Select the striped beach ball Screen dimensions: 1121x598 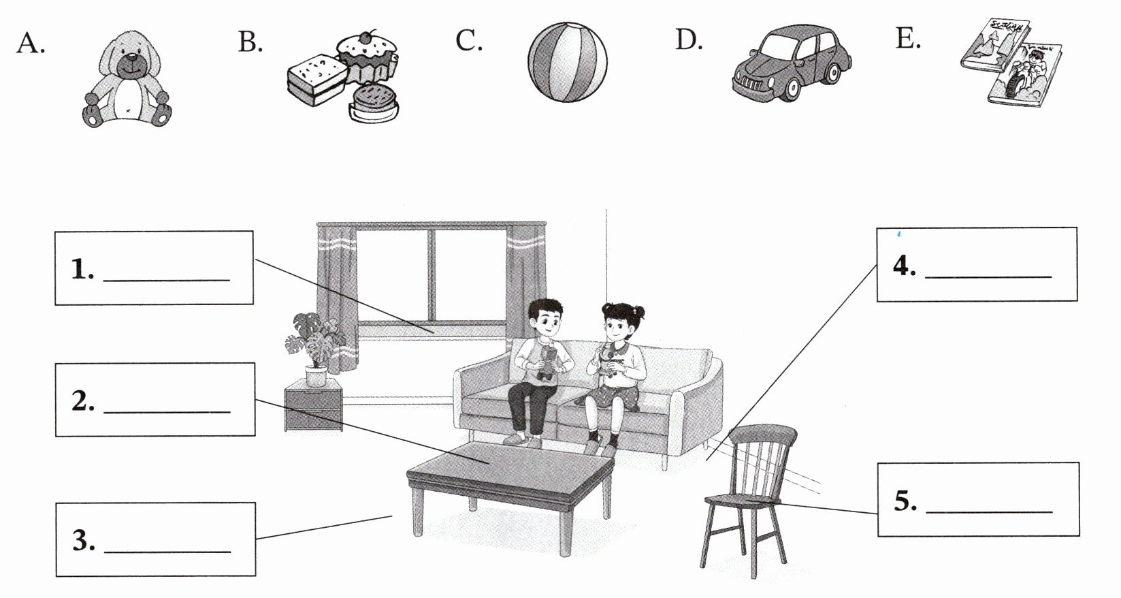pos(567,62)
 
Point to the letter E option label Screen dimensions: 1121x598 pos(908,40)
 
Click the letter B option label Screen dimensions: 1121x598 pos(250,42)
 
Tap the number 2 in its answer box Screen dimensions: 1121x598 pos(82,402)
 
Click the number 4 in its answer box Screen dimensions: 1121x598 pos(905,266)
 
